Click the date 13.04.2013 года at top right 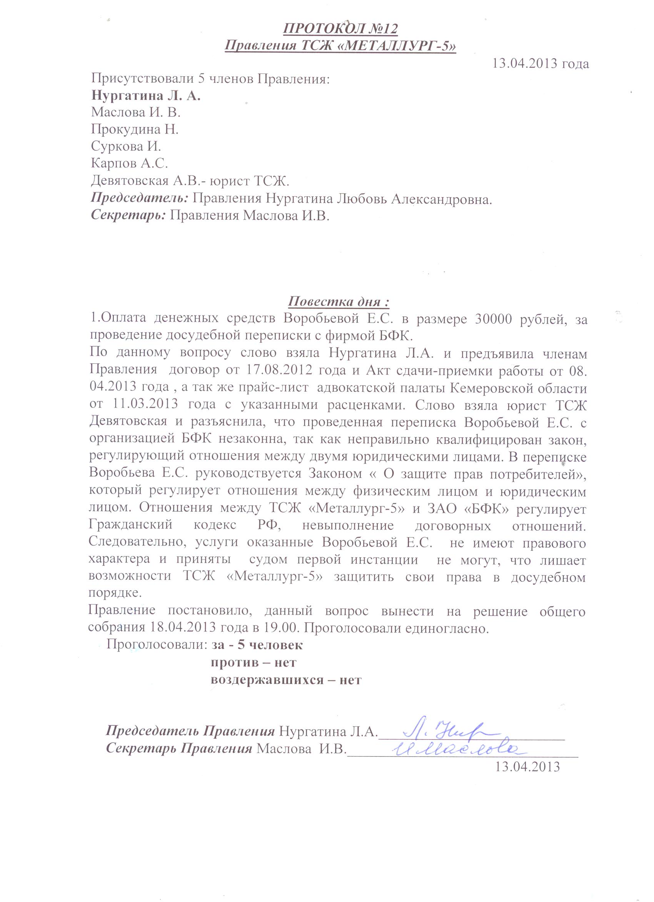(541, 63)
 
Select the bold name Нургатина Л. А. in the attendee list (146, 96)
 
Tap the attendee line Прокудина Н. (134, 130)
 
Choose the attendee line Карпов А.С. (130, 164)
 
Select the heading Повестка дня (338, 301)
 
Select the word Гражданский (131, 525)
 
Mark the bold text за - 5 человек (257, 645)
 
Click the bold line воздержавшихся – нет (286, 680)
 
